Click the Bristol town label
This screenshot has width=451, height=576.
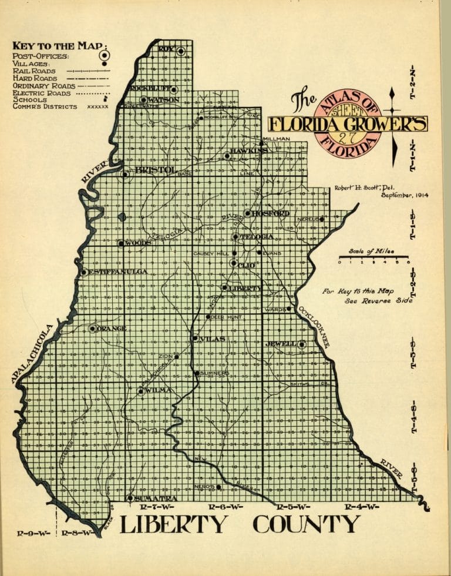(155, 170)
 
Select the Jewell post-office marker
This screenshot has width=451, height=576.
(301, 344)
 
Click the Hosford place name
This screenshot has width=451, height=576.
(270, 213)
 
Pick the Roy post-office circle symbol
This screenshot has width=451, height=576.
(181, 51)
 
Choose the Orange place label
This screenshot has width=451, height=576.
(112, 329)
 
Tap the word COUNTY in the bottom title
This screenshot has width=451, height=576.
(306, 524)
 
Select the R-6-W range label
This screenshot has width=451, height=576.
(225, 507)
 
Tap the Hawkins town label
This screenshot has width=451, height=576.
(249, 151)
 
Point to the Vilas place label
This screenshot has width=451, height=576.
(213, 339)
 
